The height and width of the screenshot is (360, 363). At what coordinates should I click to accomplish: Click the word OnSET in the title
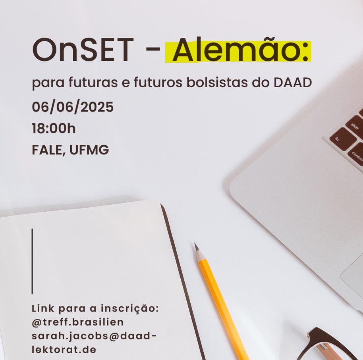(x=83, y=50)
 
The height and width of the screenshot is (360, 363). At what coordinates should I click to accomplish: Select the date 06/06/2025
(x=73, y=107)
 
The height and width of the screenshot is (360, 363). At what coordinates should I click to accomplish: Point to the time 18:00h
(x=54, y=128)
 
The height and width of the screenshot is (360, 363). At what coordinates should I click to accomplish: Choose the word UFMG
(x=89, y=150)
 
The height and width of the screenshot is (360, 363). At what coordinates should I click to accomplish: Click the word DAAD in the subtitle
(x=293, y=83)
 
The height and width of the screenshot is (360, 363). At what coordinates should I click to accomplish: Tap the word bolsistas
(x=217, y=83)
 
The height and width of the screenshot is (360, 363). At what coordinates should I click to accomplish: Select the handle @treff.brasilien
(x=77, y=322)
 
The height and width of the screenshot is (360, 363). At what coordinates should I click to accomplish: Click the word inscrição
(x=130, y=309)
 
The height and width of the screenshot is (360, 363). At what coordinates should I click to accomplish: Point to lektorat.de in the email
(x=64, y=349)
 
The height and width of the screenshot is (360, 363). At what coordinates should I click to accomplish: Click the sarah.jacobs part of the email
(x=70, y=336)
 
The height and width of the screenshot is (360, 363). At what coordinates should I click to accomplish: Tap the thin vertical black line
(x=32, y=261)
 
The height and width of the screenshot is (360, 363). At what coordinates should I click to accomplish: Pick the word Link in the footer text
(x=43, y=308)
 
